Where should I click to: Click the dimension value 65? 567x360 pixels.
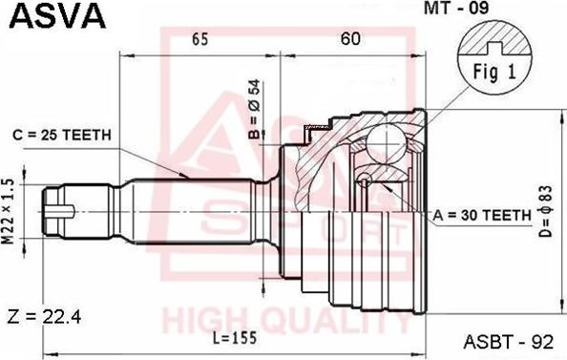pyautogui.click(x=199, y=39)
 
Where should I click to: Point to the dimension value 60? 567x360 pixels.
pyautogui.click(x=349, y=39)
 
